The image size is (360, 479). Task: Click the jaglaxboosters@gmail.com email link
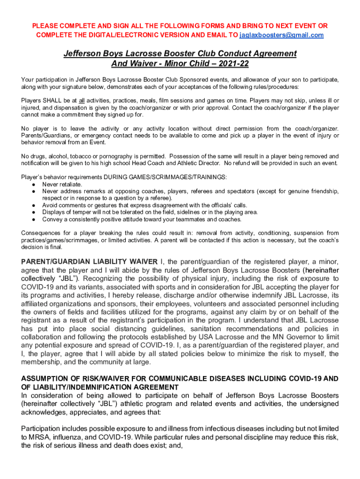pyautogui.click(x=281, y=35)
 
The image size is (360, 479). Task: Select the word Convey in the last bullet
pyautogui.click(x=52, y=219)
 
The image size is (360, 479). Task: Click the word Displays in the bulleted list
pyautogui.click(x=54, y=212)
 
